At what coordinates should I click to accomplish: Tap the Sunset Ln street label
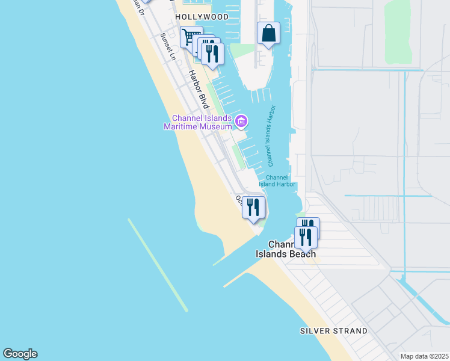167,47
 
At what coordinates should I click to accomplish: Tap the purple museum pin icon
241,122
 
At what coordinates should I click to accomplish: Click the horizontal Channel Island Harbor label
280,180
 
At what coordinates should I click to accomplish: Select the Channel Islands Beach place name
286,249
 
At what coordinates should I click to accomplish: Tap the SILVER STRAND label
334,331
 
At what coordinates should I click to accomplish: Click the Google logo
20,354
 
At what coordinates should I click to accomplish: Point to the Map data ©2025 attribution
424,356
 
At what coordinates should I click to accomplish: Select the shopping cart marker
191,37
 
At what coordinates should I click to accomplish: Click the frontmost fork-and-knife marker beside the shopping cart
212,53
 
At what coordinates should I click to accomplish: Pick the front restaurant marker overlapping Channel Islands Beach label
305,236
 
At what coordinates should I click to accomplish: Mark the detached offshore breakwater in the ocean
158,265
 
